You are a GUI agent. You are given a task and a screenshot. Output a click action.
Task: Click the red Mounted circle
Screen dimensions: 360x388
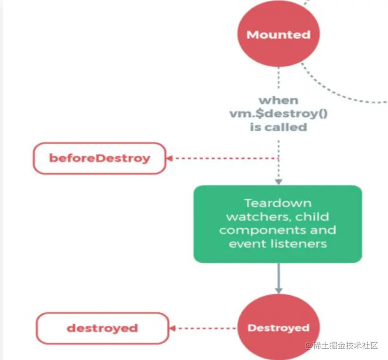click(278, 34)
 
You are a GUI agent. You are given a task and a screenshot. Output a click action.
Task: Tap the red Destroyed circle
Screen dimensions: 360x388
click(278, 328)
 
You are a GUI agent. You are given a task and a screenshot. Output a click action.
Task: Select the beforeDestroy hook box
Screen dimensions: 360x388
click(99, 158)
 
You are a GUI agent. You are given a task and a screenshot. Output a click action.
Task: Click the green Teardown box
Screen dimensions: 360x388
click(278, 224)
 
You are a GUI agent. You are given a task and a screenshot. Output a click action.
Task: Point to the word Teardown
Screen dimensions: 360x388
click(278, 203)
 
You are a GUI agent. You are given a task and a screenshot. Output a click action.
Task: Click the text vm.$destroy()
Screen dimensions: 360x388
click(278, 114)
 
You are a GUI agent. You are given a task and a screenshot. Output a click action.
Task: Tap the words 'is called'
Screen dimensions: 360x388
click(278, 127)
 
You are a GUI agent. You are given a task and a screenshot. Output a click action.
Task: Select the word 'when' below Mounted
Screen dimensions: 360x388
click(278, 101)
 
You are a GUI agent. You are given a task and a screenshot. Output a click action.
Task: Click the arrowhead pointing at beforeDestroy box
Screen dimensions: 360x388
click(169, 158)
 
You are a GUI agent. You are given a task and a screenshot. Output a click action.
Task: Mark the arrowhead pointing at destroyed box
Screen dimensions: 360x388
click(174, 328)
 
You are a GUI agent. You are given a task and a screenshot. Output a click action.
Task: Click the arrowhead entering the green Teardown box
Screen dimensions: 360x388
click(278, 182)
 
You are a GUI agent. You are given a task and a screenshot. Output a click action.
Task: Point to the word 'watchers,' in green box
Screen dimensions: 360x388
click(256, 217)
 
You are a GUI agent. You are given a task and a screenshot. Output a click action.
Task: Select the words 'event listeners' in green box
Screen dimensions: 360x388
click(278, 243)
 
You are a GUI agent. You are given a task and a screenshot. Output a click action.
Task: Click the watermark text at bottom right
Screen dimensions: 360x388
click(343, 346)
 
